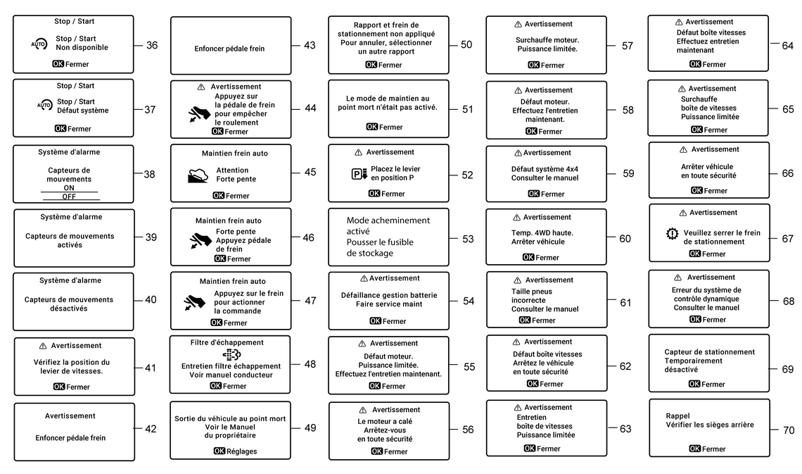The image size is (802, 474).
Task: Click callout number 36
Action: click(x=152, y=46)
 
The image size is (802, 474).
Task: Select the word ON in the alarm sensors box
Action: click(x=69, y=188)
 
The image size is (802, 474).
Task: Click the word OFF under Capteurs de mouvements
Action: click(x=69, y=197)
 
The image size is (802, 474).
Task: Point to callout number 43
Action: click(x=310, y=46)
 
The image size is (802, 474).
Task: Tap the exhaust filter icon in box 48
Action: click(x=231, y=355)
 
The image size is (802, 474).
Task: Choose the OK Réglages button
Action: click(x=235, y=451)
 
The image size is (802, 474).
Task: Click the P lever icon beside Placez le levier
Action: click(x=359, y=174)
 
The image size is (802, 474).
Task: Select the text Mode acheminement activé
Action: click(x=388, y=225)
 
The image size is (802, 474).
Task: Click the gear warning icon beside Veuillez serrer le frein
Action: click(x=672, y=234)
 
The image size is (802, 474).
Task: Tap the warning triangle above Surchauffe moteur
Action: click(x=518, y=25)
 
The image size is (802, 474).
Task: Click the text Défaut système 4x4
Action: click(x=545, y=169)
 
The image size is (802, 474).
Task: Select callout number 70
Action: click(x=789, y=430)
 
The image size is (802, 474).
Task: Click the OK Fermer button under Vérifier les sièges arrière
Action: click(x=707, y=449)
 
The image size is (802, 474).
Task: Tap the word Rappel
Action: click(x=678, y=416)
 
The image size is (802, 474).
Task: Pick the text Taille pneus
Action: click(x=532, y=292)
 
